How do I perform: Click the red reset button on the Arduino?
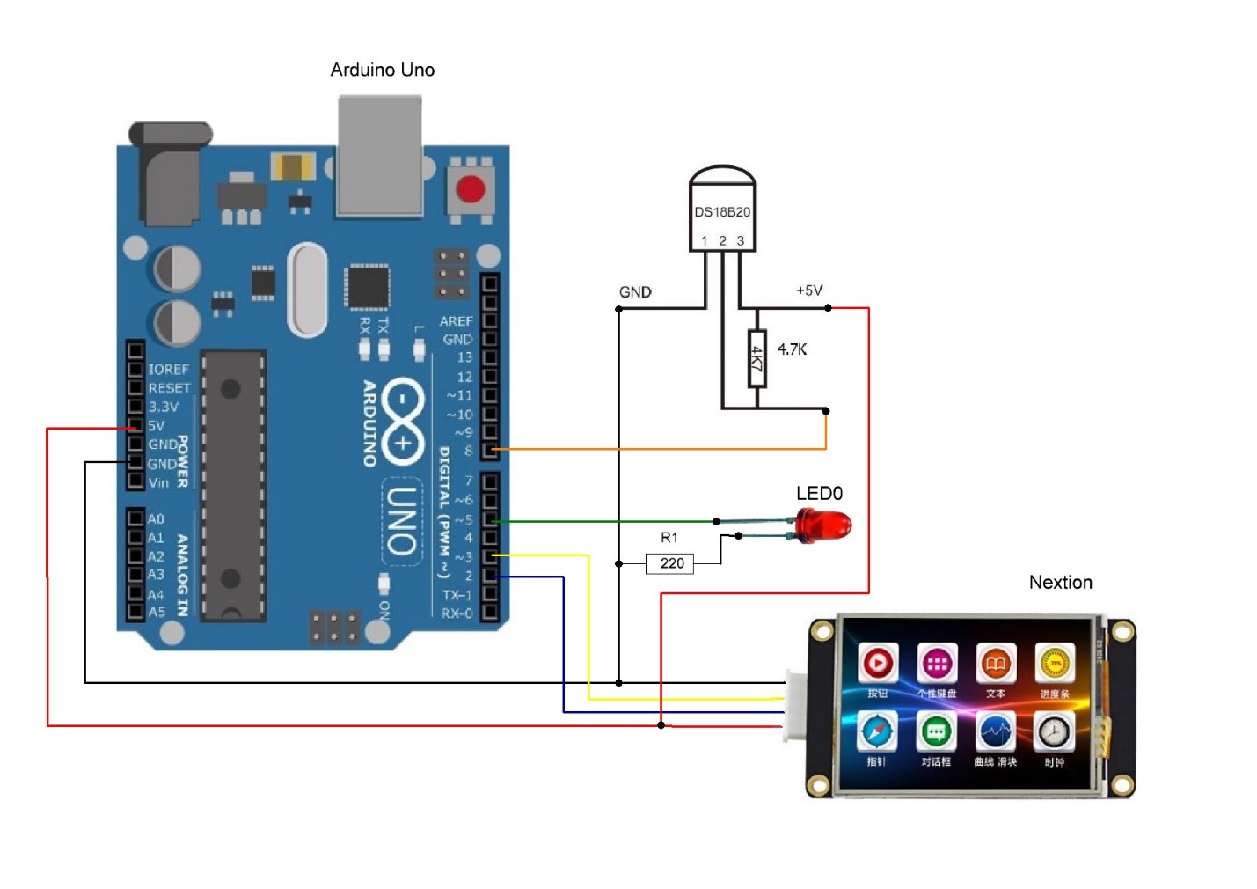470,189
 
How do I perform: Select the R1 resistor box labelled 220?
670,563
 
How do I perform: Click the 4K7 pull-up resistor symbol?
756,358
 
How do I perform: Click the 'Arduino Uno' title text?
382,70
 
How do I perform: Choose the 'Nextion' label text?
1060,582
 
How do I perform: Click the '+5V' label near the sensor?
809,290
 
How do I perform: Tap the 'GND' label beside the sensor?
635,291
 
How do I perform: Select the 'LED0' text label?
819,493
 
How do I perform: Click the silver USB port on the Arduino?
380,156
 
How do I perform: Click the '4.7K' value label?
792,349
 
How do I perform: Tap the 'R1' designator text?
669,537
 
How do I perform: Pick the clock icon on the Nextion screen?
1054,732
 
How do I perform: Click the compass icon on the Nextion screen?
877,732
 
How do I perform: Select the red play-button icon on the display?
877,664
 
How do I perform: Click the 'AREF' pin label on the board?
456,321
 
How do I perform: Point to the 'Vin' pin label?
158,482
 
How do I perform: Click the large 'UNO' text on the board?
401,520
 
